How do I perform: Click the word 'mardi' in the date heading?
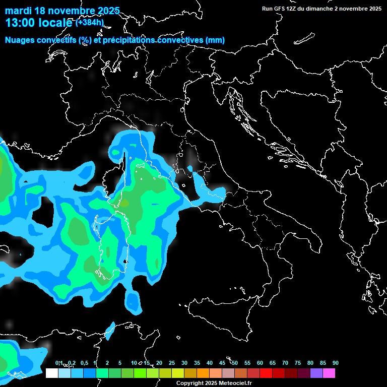18,11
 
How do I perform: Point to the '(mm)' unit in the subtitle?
215,40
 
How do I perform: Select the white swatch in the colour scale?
51,373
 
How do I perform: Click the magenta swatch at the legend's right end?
329,373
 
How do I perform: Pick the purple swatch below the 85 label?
316,373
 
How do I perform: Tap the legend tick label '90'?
335,363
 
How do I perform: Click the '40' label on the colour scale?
209,363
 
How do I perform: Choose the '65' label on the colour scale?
272,363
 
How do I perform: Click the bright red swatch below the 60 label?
266,373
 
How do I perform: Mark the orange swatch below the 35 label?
203,373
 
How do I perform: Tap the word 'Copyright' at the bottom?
190,383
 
